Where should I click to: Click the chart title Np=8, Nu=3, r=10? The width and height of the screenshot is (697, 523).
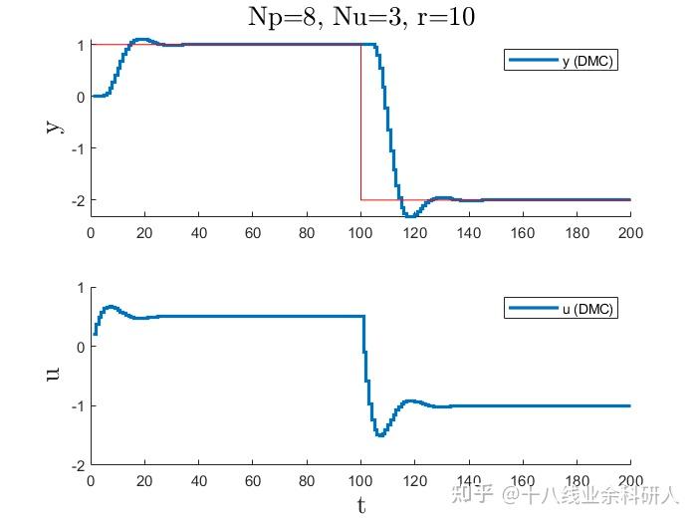[x=359, y=17]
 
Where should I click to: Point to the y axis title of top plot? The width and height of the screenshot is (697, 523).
[x=51, y=127]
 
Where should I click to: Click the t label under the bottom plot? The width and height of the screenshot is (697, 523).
[x=360, y=505]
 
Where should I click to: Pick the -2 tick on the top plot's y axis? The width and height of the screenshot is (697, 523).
[x=77, y=200]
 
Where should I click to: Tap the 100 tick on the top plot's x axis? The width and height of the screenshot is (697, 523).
[x=360, y=232]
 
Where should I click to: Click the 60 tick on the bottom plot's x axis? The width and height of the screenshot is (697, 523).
[x=253, y=480]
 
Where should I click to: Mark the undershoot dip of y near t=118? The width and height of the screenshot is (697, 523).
[x=409, y=215]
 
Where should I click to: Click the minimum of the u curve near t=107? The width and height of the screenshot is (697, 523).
[x=380, y=435]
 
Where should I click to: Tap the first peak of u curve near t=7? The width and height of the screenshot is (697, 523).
[x=110, y=306]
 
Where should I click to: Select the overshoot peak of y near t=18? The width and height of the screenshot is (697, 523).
[x=139, y=40]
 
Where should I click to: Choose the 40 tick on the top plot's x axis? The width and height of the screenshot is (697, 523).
[x=198, y=232]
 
